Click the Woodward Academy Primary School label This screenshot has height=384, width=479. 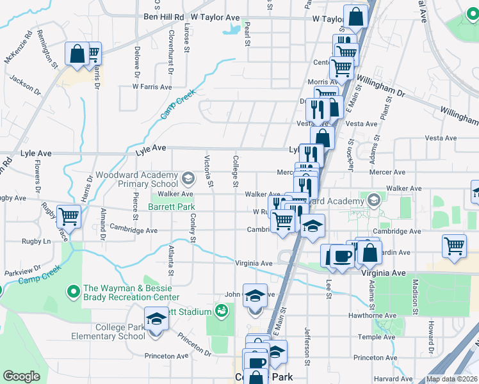(x=137, y=179)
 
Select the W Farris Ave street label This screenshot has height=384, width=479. (x=152, y=86)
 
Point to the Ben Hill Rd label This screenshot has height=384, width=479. (x=164, y=18)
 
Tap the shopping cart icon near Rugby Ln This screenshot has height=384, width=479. (x=68, y=216)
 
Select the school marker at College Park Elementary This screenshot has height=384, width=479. (x=156, y=317)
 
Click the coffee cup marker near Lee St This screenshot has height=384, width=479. (x=341, y=256)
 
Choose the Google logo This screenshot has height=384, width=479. (x=22, y=376)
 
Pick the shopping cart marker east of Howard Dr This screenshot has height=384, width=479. (x=453, y=246)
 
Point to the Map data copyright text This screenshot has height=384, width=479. (x=451, y=379)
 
